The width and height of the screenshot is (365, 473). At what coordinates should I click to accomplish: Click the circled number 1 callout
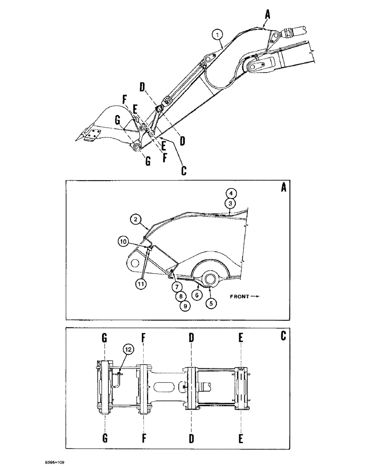point(217,34)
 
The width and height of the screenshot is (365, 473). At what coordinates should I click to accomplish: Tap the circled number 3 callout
point(230,202)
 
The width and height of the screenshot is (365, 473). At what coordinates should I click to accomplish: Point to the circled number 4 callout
point(230,193)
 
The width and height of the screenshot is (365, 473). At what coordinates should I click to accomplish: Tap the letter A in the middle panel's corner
point(283,188)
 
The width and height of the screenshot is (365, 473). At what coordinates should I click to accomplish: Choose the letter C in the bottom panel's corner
point(283,336)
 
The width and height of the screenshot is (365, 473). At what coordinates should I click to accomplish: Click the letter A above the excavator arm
point(267,16)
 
